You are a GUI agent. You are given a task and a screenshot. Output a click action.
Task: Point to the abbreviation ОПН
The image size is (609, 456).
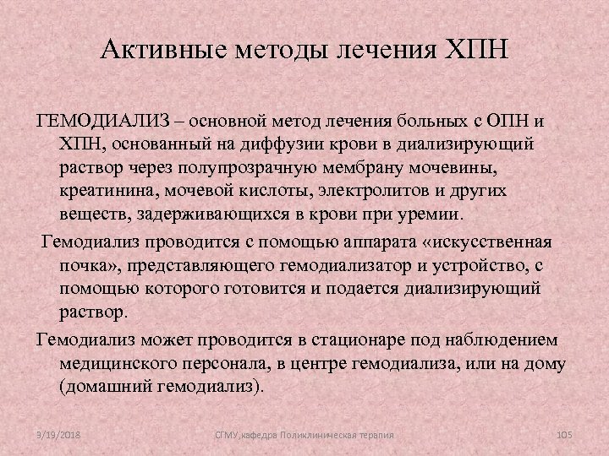tap(505, 124)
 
